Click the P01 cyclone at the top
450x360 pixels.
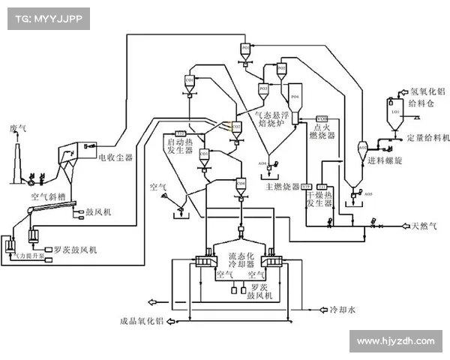tap(246, 50)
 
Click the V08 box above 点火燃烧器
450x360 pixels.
tap(322, 119)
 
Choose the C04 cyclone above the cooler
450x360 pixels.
tap(241, 184)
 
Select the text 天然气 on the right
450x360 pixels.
tap(424, 225)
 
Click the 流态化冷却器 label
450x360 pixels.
tap(241, 260)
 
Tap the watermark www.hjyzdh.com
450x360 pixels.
tap(395, 341)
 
